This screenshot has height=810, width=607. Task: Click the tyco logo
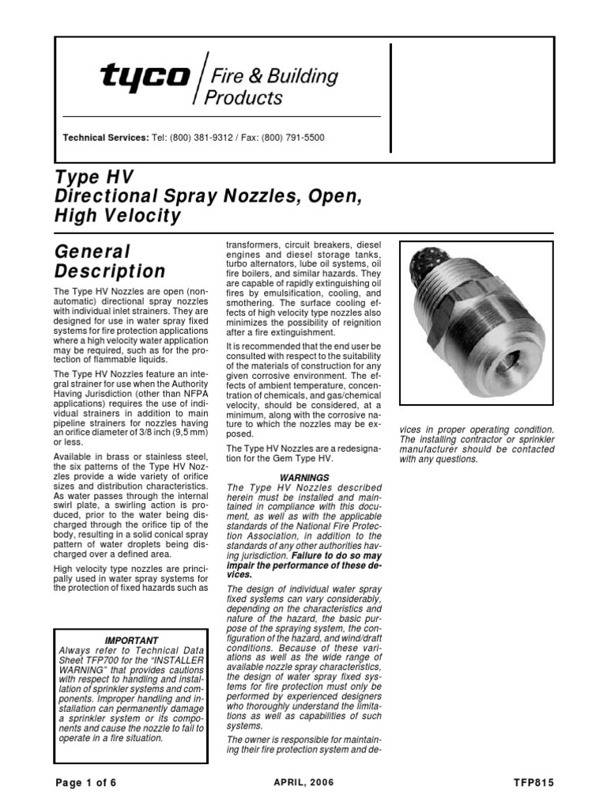coord(145,78)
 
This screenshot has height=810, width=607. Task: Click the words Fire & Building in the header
coord(272,78)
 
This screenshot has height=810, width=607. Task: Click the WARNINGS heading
coord(303,477)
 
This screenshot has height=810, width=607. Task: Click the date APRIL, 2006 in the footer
coord(303,783)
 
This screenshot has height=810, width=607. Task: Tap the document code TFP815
coord(533,783)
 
